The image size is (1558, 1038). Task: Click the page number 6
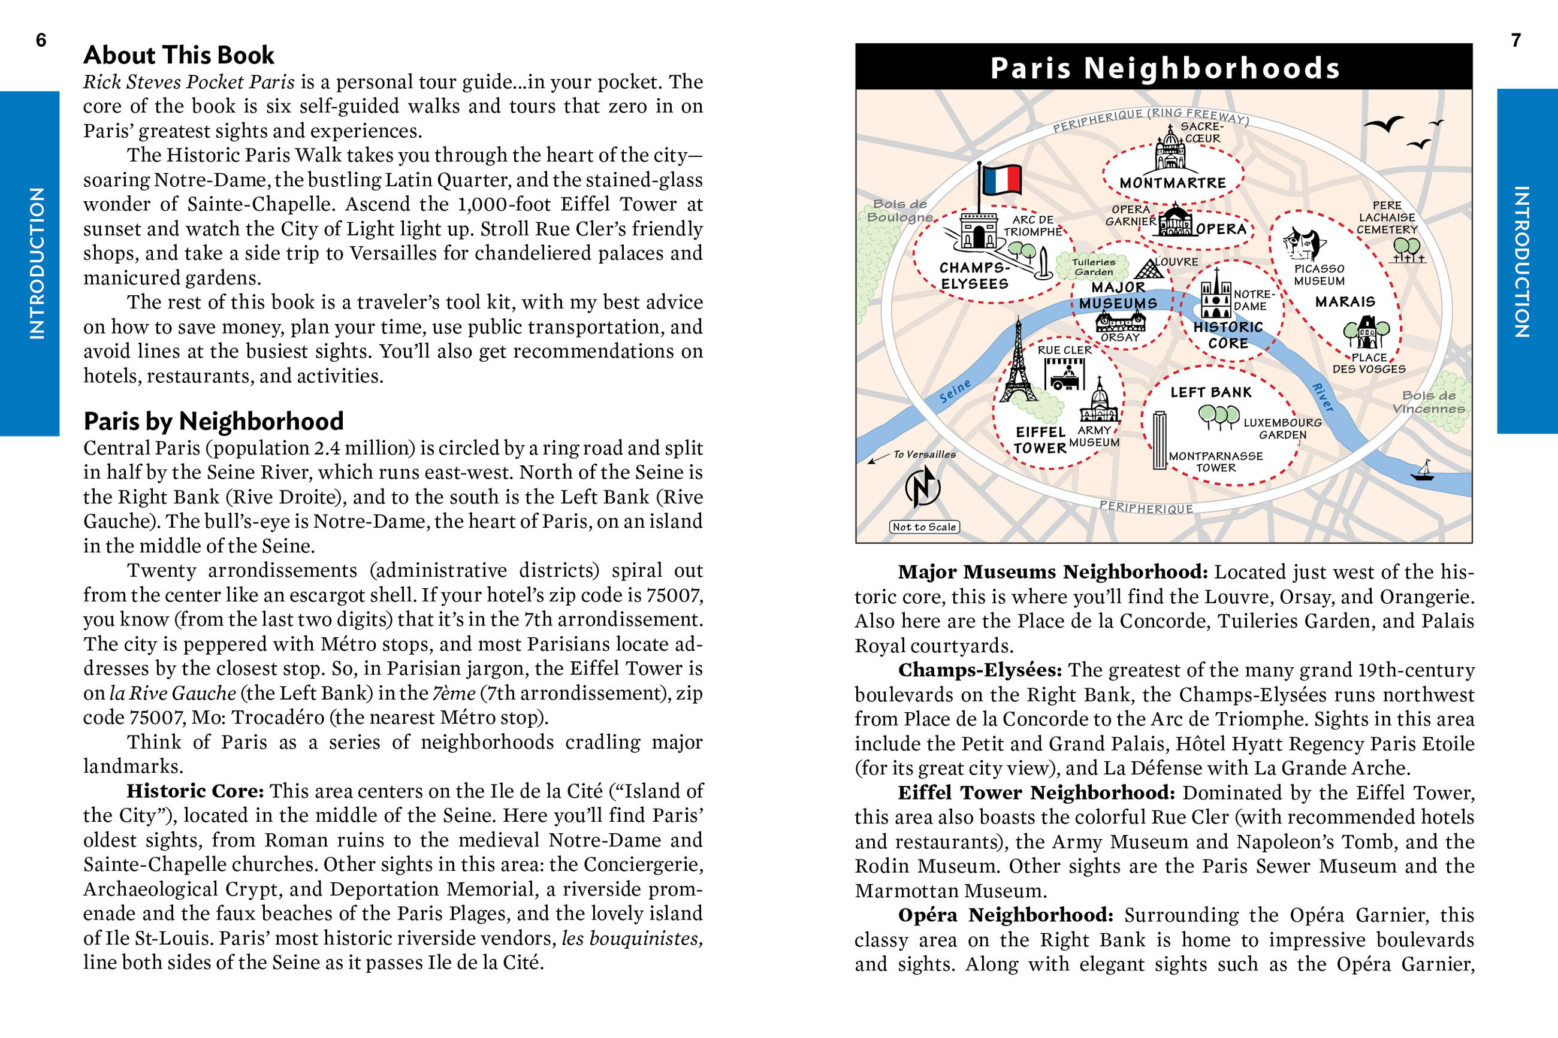[41, 40]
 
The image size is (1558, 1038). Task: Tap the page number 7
[1515, 40]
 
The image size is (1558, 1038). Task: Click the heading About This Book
[179, 55]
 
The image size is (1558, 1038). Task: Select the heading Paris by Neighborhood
[213, 421]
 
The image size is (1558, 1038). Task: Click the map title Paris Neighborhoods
[1165, 68]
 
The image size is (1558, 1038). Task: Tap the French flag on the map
[1001, 180]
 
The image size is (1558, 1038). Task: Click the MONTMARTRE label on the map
[1173, 183]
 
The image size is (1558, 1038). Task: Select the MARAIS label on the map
[1345, 302]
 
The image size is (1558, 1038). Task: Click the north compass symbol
[922, 486]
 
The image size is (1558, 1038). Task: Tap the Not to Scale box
[923, 527]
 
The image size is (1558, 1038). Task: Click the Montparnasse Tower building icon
[1160, 440]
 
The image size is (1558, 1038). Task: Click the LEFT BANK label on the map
[1211, 392]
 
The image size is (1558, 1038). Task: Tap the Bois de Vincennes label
[1428, 402]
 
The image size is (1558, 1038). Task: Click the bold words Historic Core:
[195, 791]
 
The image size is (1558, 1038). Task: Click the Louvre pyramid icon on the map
[1149, 269]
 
